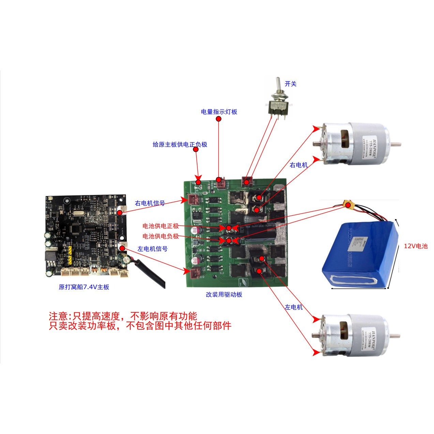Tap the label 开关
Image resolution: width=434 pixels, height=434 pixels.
(290, 84)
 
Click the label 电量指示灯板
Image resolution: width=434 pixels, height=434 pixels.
(219, 112)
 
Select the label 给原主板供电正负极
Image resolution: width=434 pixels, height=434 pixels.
(180, 145)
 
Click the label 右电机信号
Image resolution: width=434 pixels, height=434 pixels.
(150, 203)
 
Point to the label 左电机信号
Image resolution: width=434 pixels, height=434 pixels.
(152, 249)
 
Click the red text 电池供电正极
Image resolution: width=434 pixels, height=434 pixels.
(160, 226)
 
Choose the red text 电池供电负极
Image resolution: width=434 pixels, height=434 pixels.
(160, 236)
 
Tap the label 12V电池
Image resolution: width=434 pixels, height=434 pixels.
(415, 246)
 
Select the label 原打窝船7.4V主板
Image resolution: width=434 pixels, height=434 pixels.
(84, 287)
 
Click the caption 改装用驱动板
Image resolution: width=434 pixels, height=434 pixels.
(224, 295)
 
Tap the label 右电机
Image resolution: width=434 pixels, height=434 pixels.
(298, 165)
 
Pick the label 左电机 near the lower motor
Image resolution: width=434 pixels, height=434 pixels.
(294, 307)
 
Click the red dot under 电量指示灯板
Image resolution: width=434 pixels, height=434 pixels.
(219, 119)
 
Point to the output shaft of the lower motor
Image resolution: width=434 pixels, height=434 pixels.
(395, 336)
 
